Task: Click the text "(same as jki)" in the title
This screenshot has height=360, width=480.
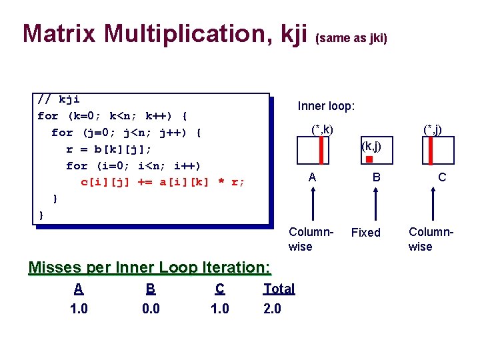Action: pos(351,38)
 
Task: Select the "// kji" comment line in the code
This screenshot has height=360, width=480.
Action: pos(59,100)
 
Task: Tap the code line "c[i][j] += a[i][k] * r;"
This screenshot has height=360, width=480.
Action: pos(163,181)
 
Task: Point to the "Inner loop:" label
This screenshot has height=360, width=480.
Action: pos(326,106)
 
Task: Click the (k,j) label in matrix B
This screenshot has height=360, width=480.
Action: pos(371,145)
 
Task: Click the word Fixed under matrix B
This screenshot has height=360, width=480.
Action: pos(365,233)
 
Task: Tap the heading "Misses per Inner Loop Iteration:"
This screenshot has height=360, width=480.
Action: pos(149,267)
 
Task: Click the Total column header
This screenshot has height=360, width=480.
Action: pos(279,289)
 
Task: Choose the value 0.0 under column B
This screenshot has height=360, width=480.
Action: pos(151,309)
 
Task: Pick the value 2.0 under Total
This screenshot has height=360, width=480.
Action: pos(272,309)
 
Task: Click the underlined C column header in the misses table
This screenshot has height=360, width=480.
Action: pos(219,289)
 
